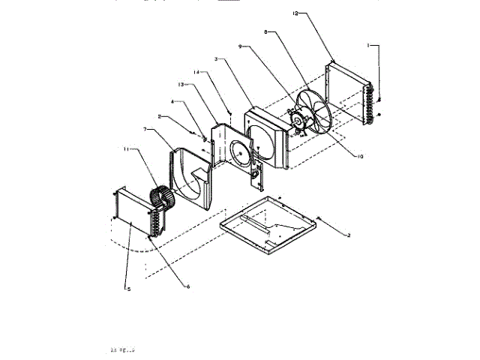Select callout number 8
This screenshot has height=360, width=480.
coord(267,32)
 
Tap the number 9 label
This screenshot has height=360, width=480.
coord(241,46)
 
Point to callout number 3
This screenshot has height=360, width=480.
coord(216,58)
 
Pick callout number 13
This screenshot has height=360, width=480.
coord(181,84)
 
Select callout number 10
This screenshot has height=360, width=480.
coord(360,157)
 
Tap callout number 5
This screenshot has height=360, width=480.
coord(128,289)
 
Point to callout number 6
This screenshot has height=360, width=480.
coord(187,286)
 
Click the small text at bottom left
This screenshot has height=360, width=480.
coord(123,349)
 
